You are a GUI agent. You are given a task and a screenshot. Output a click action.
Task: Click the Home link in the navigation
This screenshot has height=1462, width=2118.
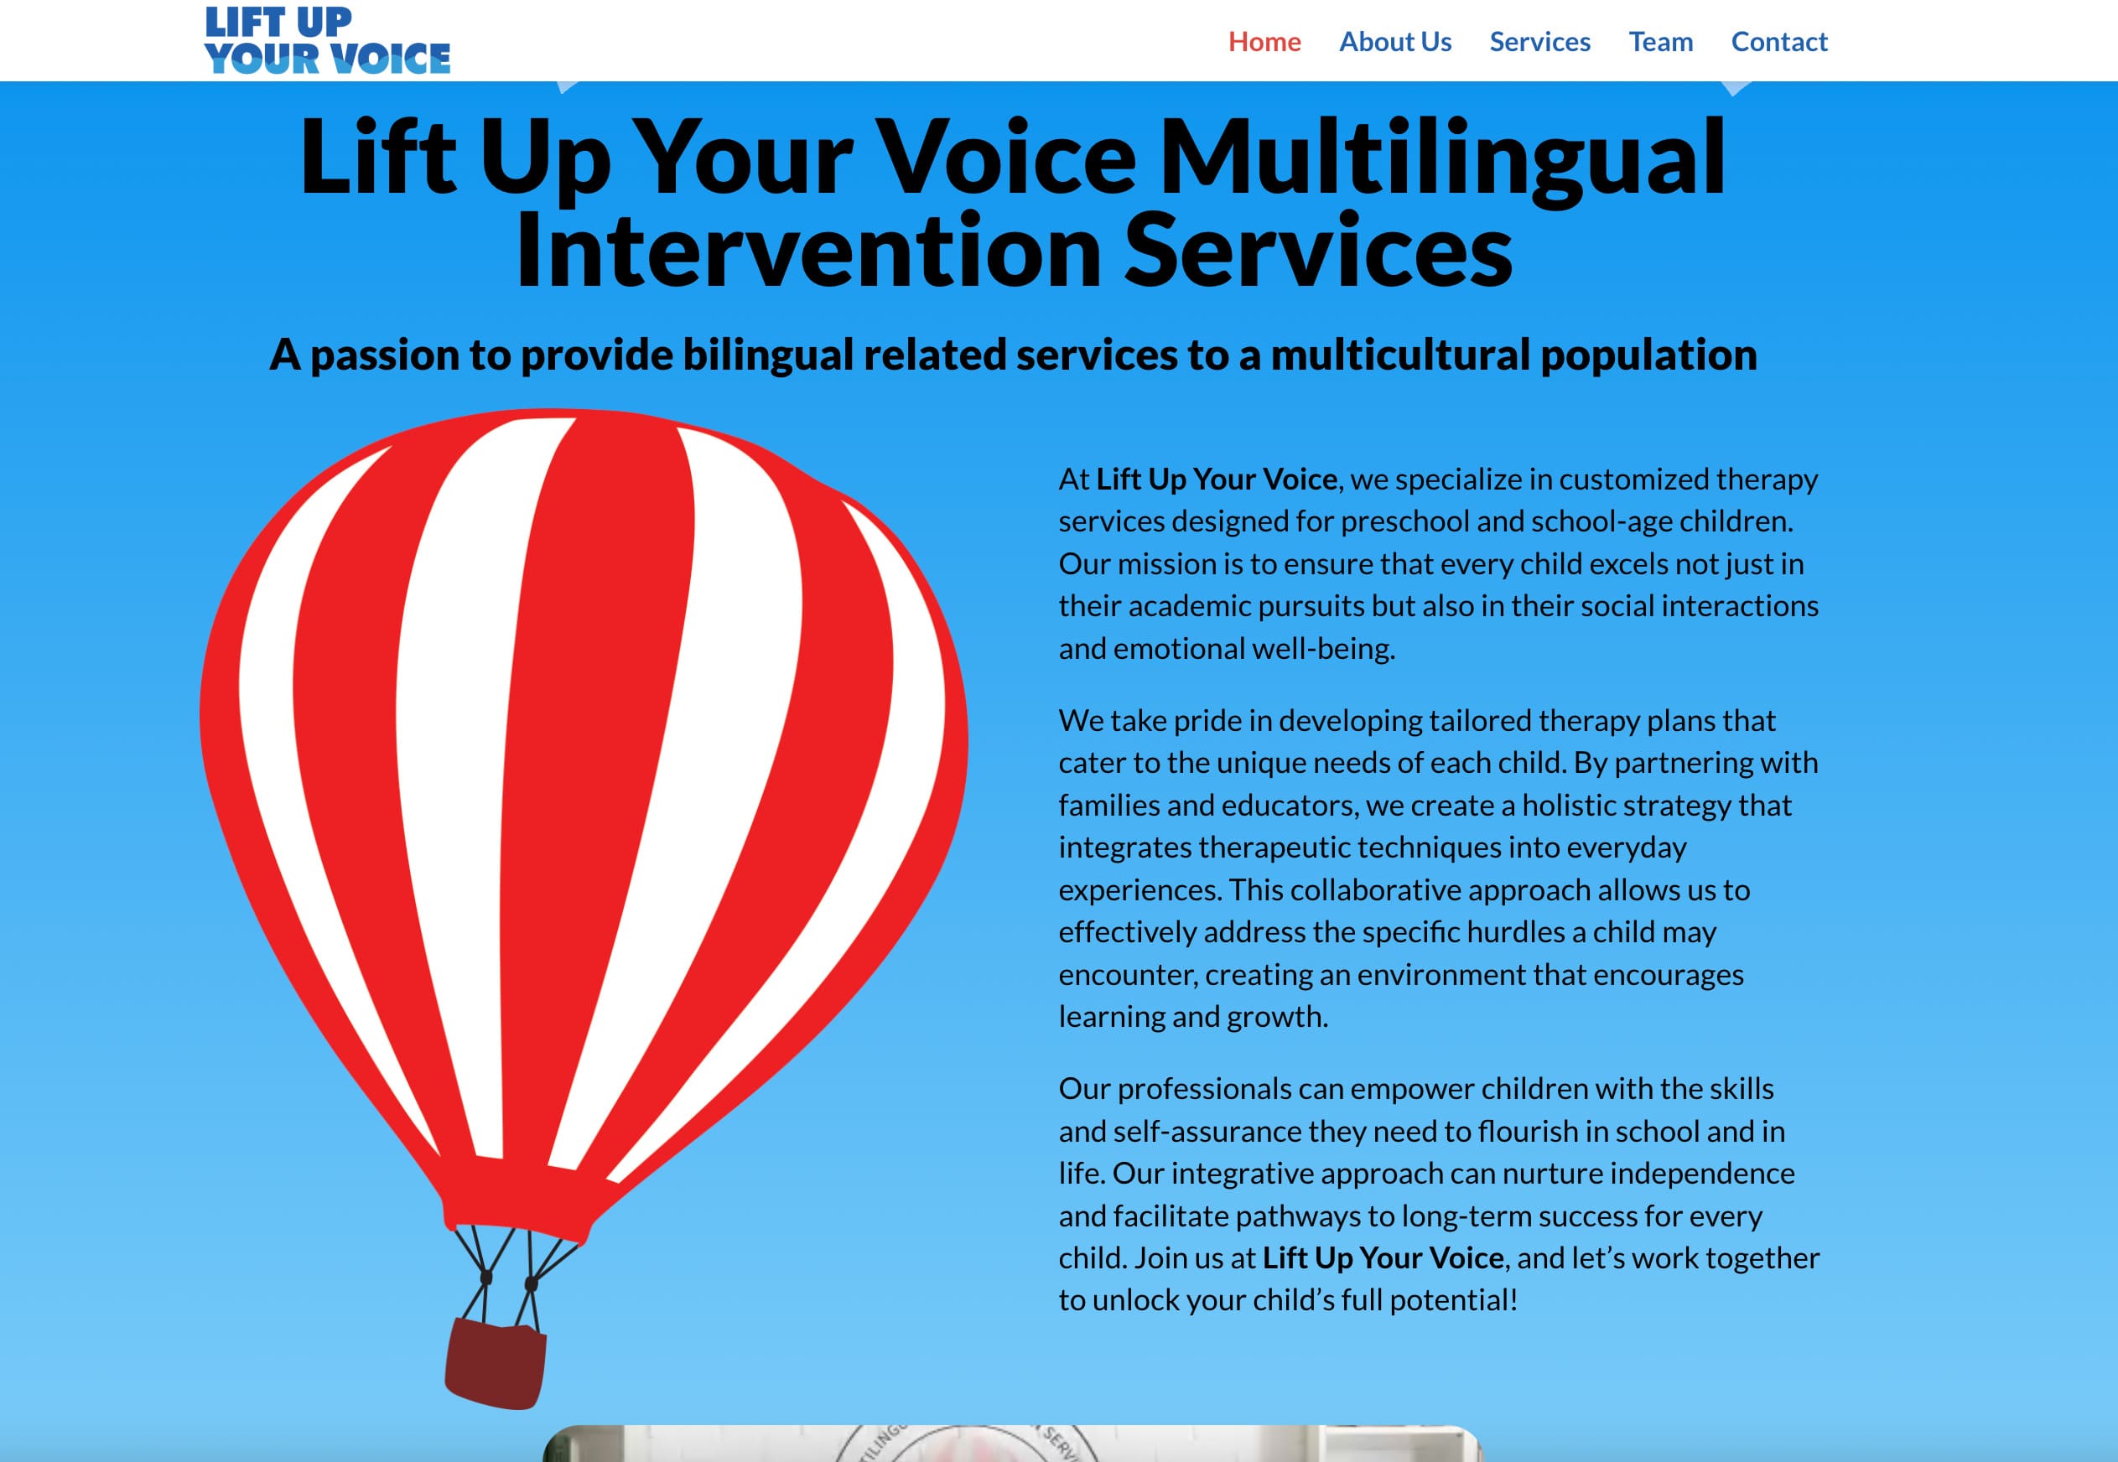1264,42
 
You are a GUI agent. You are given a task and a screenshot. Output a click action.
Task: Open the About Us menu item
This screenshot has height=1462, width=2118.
1395,42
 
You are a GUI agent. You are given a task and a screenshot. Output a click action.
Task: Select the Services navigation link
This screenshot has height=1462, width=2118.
1540,42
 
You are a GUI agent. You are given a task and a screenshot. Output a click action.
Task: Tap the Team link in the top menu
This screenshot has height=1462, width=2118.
1661,42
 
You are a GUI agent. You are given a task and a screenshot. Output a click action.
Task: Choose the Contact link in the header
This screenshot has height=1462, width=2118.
1779,42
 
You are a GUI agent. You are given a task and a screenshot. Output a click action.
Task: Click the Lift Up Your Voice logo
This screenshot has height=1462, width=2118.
328,39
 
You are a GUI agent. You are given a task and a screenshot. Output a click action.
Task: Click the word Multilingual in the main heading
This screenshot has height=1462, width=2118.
1443,158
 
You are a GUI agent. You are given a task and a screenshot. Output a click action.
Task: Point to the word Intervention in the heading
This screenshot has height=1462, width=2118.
808,251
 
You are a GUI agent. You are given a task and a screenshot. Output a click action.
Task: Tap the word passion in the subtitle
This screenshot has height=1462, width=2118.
385,356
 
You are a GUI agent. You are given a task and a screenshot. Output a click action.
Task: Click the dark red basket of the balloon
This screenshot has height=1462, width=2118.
495,1362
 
